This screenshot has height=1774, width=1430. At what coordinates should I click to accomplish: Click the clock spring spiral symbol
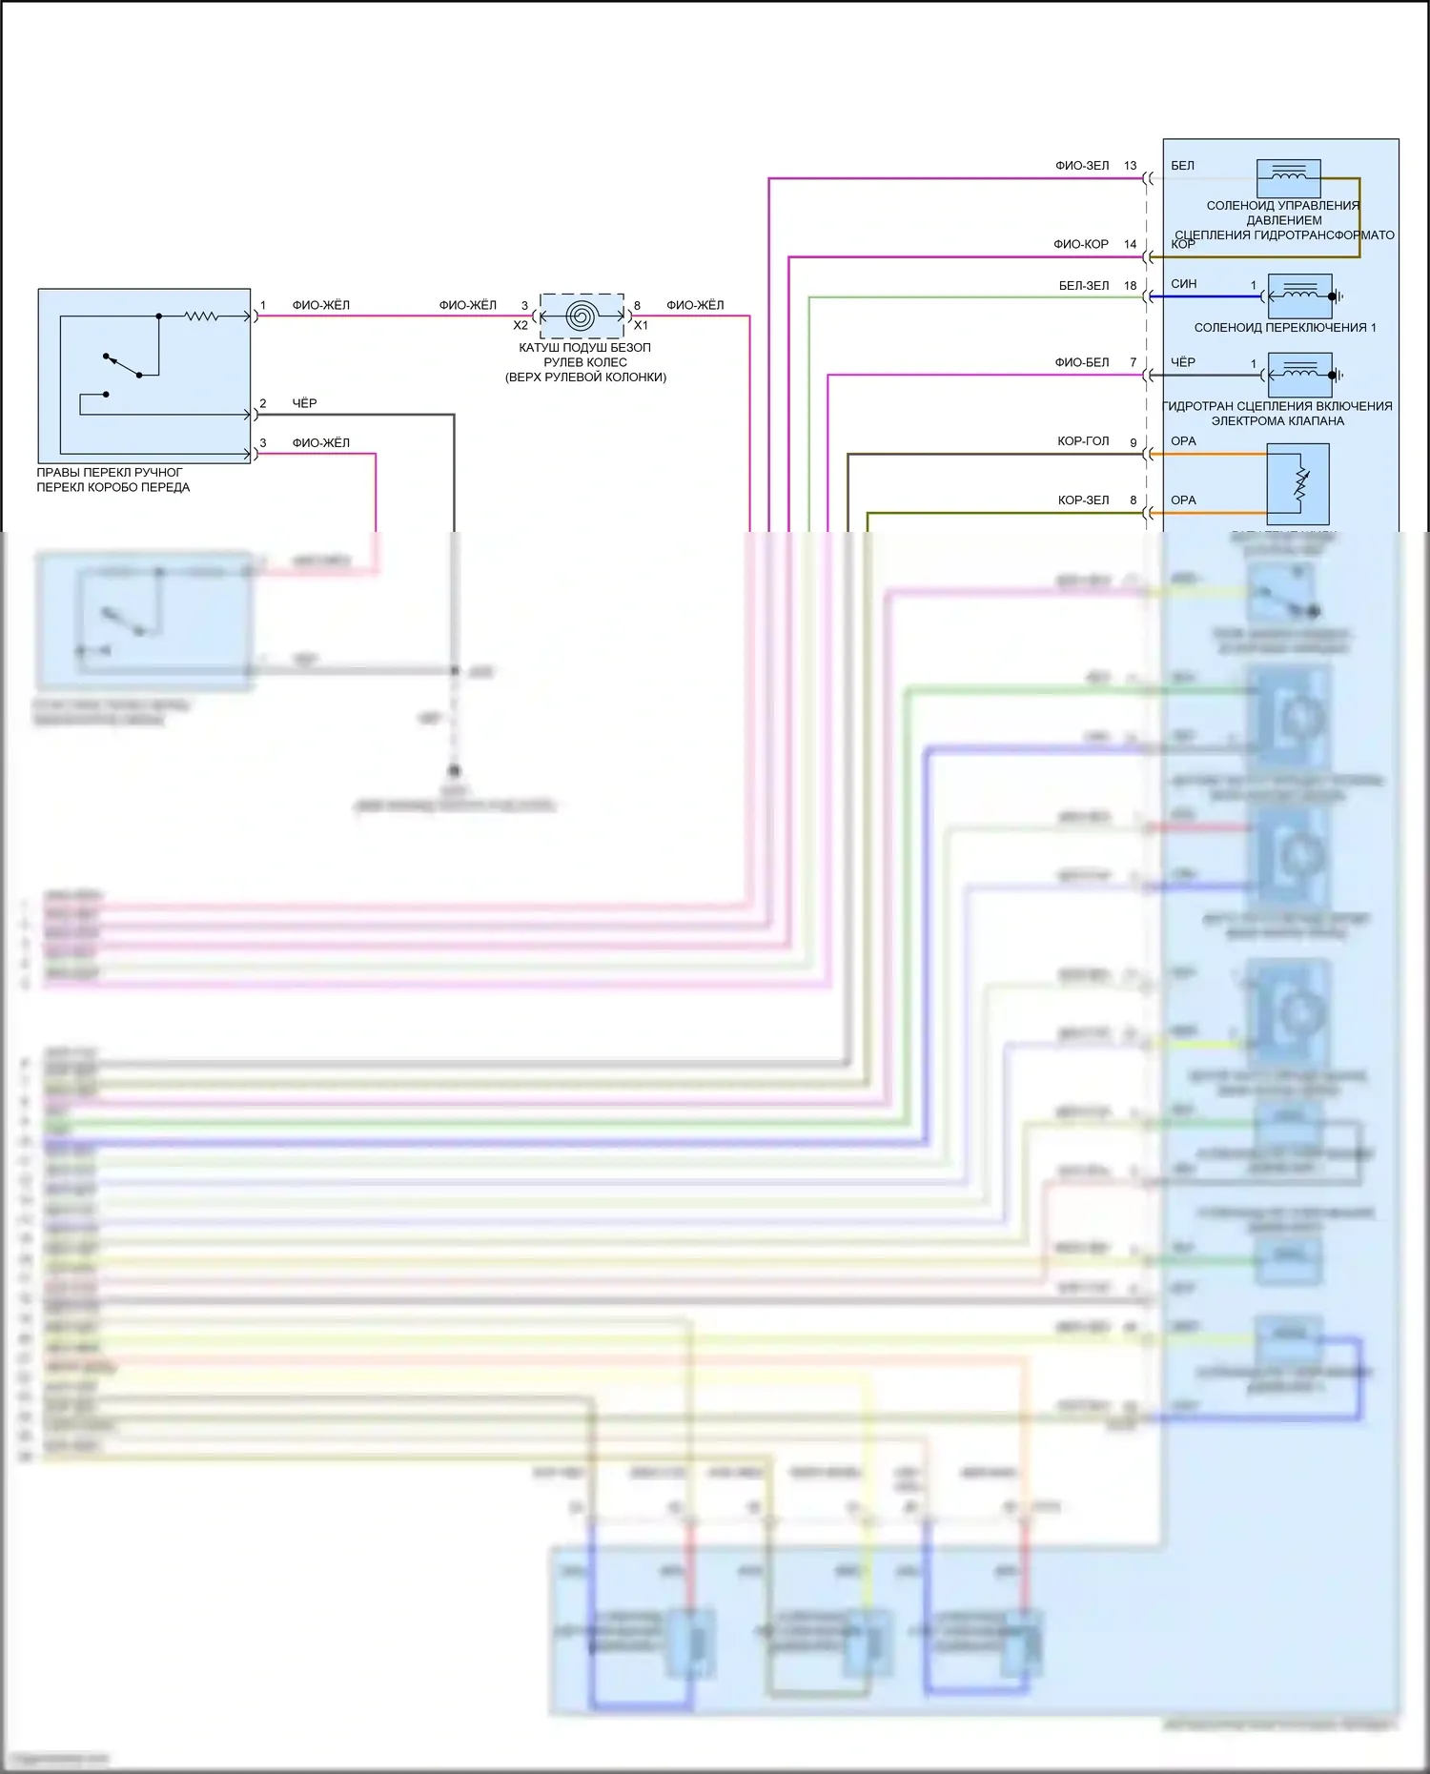pyautogui.click(x=582, y=316)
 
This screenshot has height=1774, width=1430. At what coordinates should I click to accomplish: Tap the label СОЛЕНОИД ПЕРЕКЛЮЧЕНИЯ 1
pyautogui.click(x=1285, y=328)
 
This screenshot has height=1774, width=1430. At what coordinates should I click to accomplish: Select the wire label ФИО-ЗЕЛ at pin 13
pyautogui.click(x=1082, y=166)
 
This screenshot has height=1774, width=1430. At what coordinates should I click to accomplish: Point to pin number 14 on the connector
pyautogui.click(x=1131, y=244)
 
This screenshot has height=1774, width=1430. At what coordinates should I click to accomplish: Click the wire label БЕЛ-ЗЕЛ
pyautogui.click(x=1084, y=286)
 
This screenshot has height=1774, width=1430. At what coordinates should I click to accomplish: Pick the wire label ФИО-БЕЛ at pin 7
pyautogui.click(x=1082, y=362)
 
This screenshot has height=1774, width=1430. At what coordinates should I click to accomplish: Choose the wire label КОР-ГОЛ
pyautogui.click(x=1083, y=441)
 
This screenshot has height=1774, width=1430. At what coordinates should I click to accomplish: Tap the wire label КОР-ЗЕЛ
pyautogui.click(x=1084, y=500)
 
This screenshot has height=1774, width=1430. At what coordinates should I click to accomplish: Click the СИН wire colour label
pyautogui.click(x=1184, y=284)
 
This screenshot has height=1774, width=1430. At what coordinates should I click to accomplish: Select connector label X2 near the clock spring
pyautogui.click(x=521, y=326)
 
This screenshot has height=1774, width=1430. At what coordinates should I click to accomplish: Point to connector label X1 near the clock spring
pyautogui.click(x=641, y=326)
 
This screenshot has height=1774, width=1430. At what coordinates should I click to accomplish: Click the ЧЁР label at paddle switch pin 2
pyautogui.click(x=304, y=404)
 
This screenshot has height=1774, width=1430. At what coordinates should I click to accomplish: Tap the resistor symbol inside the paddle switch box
pyautogui.click(x=201, y=316)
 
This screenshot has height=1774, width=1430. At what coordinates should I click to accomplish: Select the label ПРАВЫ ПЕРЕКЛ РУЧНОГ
pyautogui.click(x=110, y=473)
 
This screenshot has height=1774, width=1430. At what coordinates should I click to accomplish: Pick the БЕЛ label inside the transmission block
pyautogui.click(x=1182, y=166)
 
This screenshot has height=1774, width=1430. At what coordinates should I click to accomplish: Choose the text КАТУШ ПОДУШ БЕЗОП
pyautogui.click(x=584, y=348)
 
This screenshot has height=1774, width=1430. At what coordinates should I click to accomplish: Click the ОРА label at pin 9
pyautogui.click(x=1183, y=441)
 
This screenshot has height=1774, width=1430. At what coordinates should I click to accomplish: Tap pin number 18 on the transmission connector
pyautogui.click(x=1131, y=286)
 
